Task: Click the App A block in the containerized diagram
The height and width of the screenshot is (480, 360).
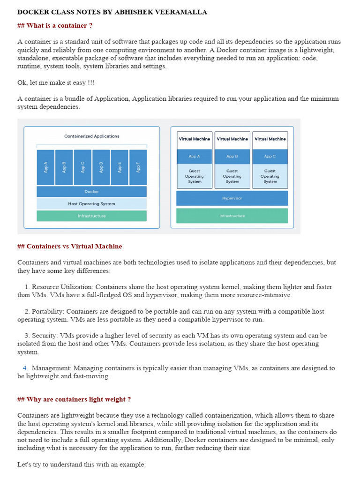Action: pos(45,167)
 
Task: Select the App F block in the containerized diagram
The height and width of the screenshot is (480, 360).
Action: pos(138,167)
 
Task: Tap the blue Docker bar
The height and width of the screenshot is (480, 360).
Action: pos(91,192)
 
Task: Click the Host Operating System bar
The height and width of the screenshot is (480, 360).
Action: pos(91,204)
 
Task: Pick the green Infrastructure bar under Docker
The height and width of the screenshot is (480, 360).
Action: pos(91,216)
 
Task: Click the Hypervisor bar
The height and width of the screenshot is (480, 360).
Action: pos(232,198)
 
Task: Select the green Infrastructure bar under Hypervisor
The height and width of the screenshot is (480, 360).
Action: pos(232,216)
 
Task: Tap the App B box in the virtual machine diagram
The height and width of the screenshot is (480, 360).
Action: pos(232,157)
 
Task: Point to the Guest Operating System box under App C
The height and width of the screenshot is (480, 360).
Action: pos(270,176)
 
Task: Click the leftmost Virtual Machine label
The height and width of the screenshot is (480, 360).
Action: pos(195,139)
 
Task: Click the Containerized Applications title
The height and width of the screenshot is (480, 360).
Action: pos(92,136)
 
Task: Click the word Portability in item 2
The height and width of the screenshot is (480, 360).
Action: pos(47,311)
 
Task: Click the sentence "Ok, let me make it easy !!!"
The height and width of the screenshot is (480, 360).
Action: pos(56,82)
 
